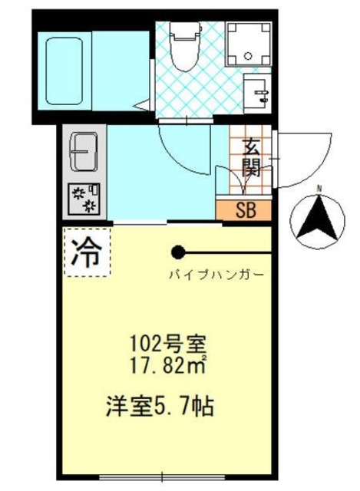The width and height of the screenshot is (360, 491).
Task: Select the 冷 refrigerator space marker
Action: click(85, 254)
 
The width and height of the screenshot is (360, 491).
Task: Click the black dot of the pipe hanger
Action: click(178, 252)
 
